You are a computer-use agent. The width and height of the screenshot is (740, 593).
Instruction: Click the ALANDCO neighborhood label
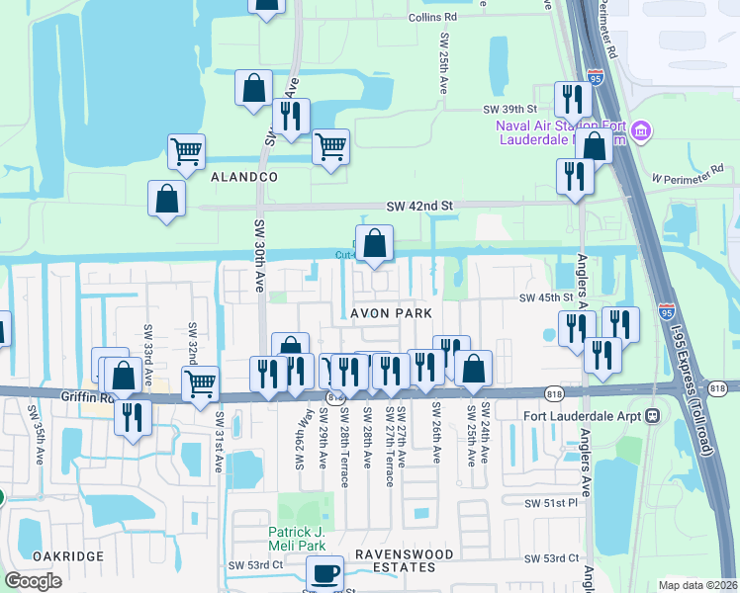click(x=243, y=176)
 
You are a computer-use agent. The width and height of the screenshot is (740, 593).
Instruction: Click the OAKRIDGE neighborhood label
click(x=68, y=556)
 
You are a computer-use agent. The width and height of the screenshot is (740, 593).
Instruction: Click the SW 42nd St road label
click(x=418, y=206)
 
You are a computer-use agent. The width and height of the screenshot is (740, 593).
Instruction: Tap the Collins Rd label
click(x=435, y=17)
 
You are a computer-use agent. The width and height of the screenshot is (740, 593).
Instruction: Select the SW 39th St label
click(x=509, y=110)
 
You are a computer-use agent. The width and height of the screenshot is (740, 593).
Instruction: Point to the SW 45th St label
click(x=547, y=297)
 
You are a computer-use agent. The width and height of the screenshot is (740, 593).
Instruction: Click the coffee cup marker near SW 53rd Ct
click(x=324, y=572)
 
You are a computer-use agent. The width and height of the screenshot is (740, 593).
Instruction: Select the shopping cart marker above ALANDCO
click(x=186, y=151)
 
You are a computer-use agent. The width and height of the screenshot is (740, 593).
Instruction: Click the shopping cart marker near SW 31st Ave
click(x=201, y=381)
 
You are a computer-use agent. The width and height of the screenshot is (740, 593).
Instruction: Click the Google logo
click(x=34, y=581)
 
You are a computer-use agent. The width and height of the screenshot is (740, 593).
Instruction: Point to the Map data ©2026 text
click(x=698, y=585)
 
